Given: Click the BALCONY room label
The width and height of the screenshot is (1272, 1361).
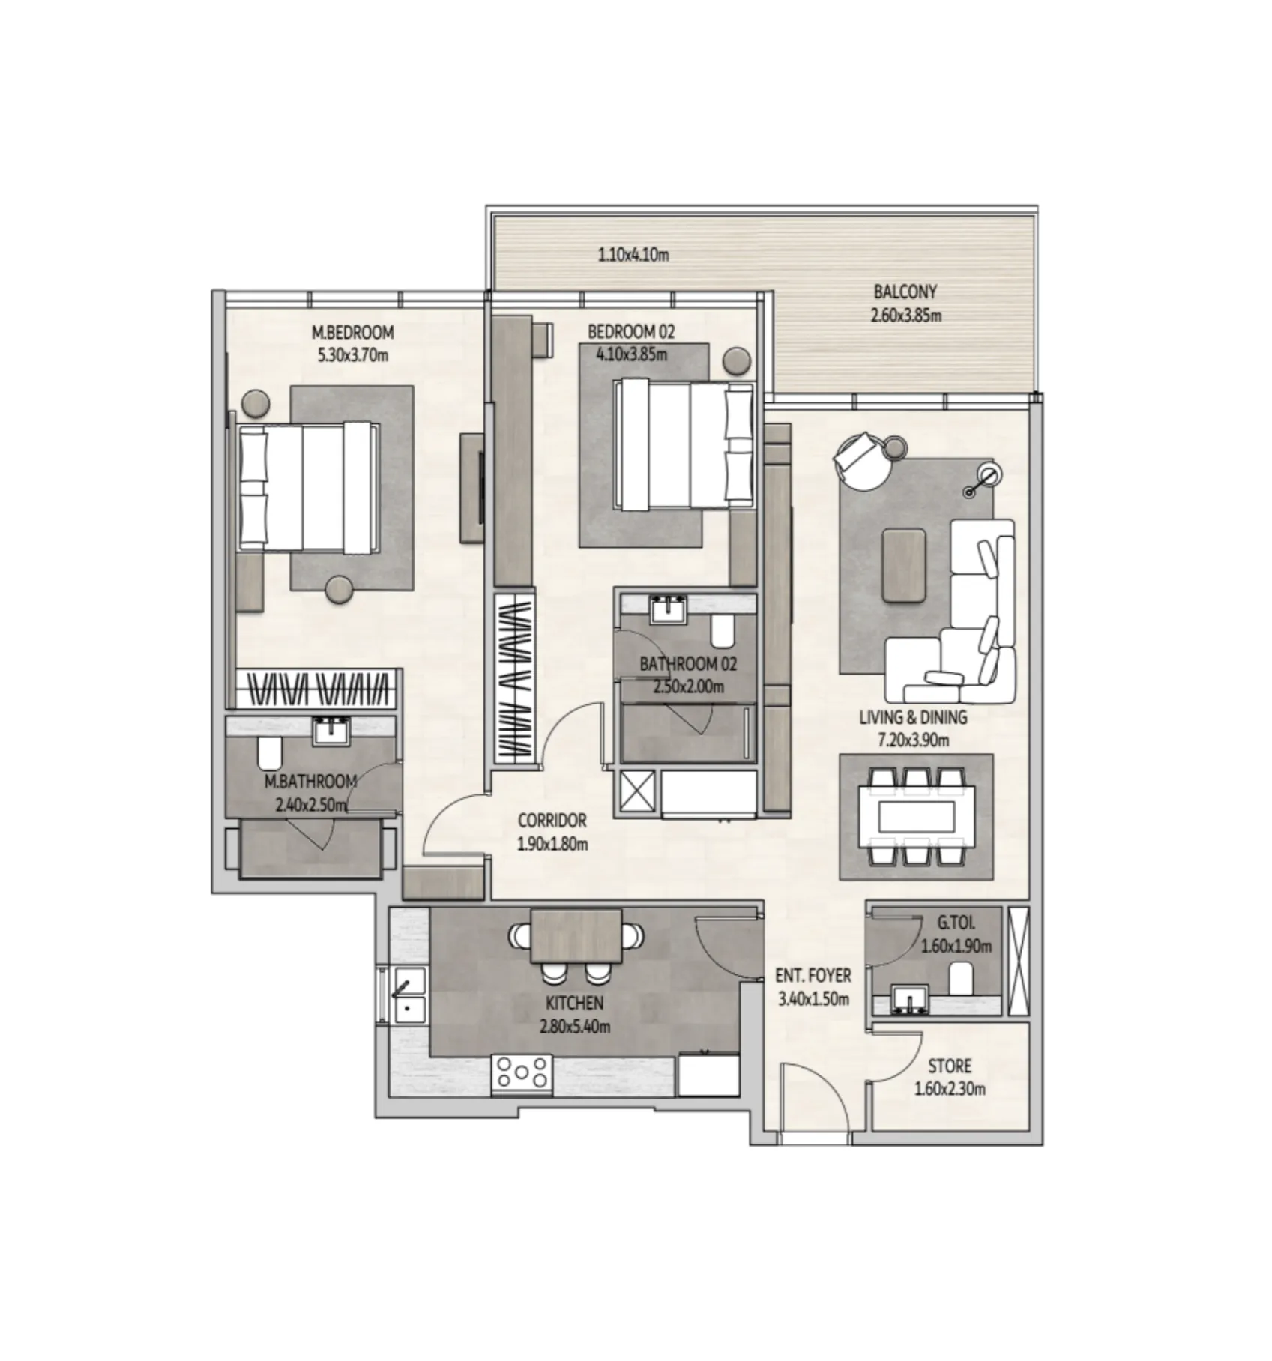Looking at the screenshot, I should coord(905,292).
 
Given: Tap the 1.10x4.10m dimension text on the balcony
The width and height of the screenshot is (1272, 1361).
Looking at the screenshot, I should coord(633,255).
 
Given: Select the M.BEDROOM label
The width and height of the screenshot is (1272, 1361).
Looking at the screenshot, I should coord(352,332).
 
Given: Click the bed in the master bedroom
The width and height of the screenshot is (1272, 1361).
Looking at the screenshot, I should coord(307,487).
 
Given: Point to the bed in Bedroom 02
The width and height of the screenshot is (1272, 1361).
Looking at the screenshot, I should coord(683,444).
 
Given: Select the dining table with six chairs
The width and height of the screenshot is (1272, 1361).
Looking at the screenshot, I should coord(916,816).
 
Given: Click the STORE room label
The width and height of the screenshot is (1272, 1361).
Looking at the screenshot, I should coord(949,1066).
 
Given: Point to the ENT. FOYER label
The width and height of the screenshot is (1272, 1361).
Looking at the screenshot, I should coord(813,976).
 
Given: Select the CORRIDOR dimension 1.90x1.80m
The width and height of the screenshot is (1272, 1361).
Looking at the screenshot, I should coord(552,844).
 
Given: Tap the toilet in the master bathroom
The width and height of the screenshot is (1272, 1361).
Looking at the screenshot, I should coord(268,753).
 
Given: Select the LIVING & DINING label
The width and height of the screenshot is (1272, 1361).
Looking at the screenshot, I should coord(912,717).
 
